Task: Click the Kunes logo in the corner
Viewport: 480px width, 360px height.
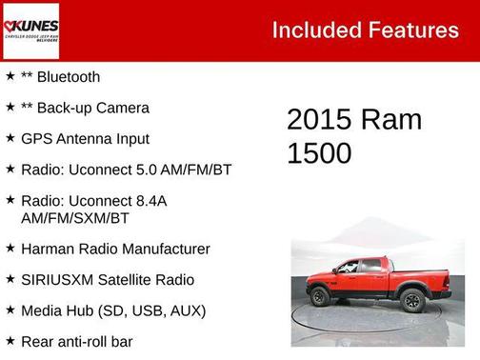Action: point(30,30)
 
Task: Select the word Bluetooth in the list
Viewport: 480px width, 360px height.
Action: point(68,77)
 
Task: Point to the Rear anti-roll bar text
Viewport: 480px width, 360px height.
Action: point(76,341)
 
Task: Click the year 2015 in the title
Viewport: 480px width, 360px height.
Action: point(319,120)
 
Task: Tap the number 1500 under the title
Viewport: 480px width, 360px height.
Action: point(319,152)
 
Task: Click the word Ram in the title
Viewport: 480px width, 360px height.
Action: point(391,120)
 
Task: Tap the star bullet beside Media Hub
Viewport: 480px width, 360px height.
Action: point(10,310)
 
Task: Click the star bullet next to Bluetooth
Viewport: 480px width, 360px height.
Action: point(10,76)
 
